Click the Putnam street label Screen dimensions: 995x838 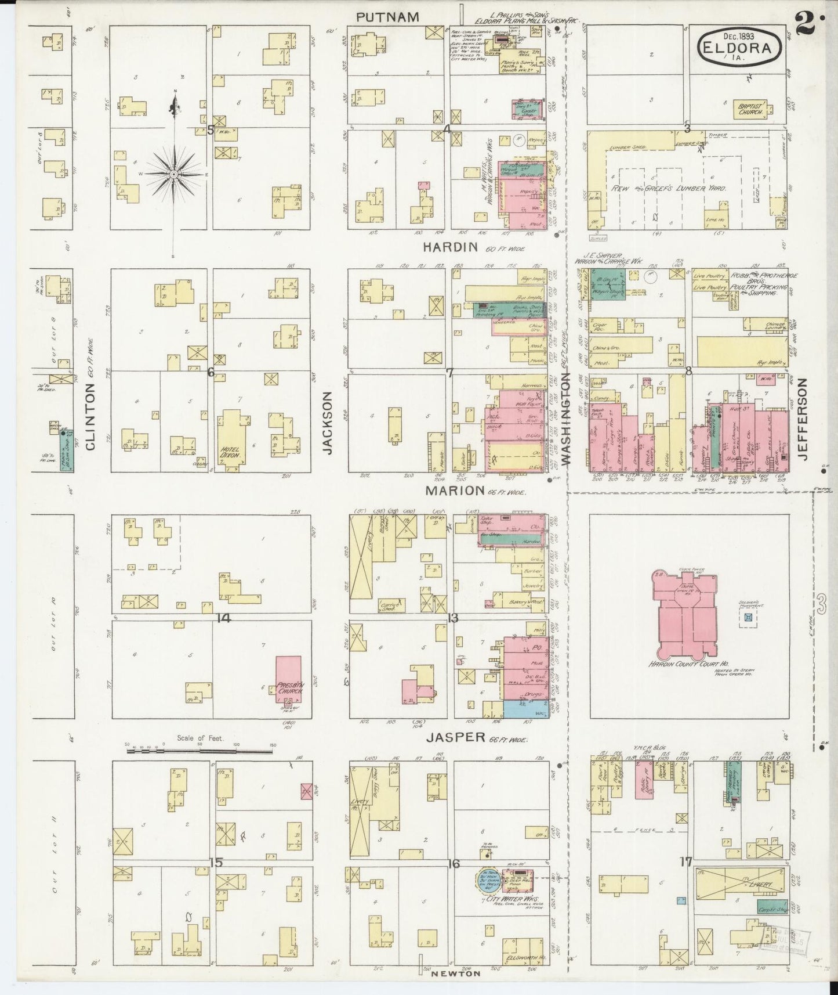[387, 17]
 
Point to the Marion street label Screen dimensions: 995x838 [455, 491]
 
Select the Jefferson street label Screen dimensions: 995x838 [803, 419]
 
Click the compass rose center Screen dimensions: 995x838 [173, 174]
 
